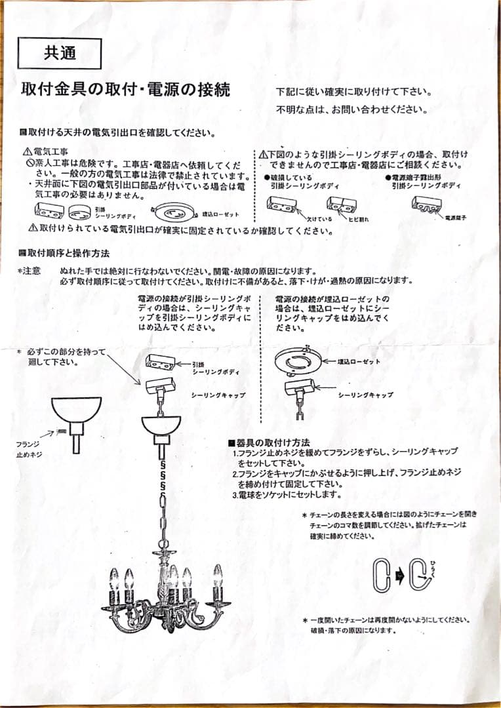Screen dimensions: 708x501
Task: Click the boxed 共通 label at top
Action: point(60,53)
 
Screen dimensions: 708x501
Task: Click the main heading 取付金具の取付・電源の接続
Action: point(126,90)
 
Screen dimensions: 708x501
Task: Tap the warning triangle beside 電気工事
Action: point(27,152)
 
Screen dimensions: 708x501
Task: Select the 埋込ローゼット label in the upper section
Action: point(220,214)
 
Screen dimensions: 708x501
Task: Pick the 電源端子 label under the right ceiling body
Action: point(455,216)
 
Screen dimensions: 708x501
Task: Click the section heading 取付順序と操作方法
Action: point(68,253)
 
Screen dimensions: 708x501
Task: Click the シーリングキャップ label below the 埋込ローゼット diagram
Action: point(365,395)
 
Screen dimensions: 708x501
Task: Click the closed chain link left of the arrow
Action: point(381,576)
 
